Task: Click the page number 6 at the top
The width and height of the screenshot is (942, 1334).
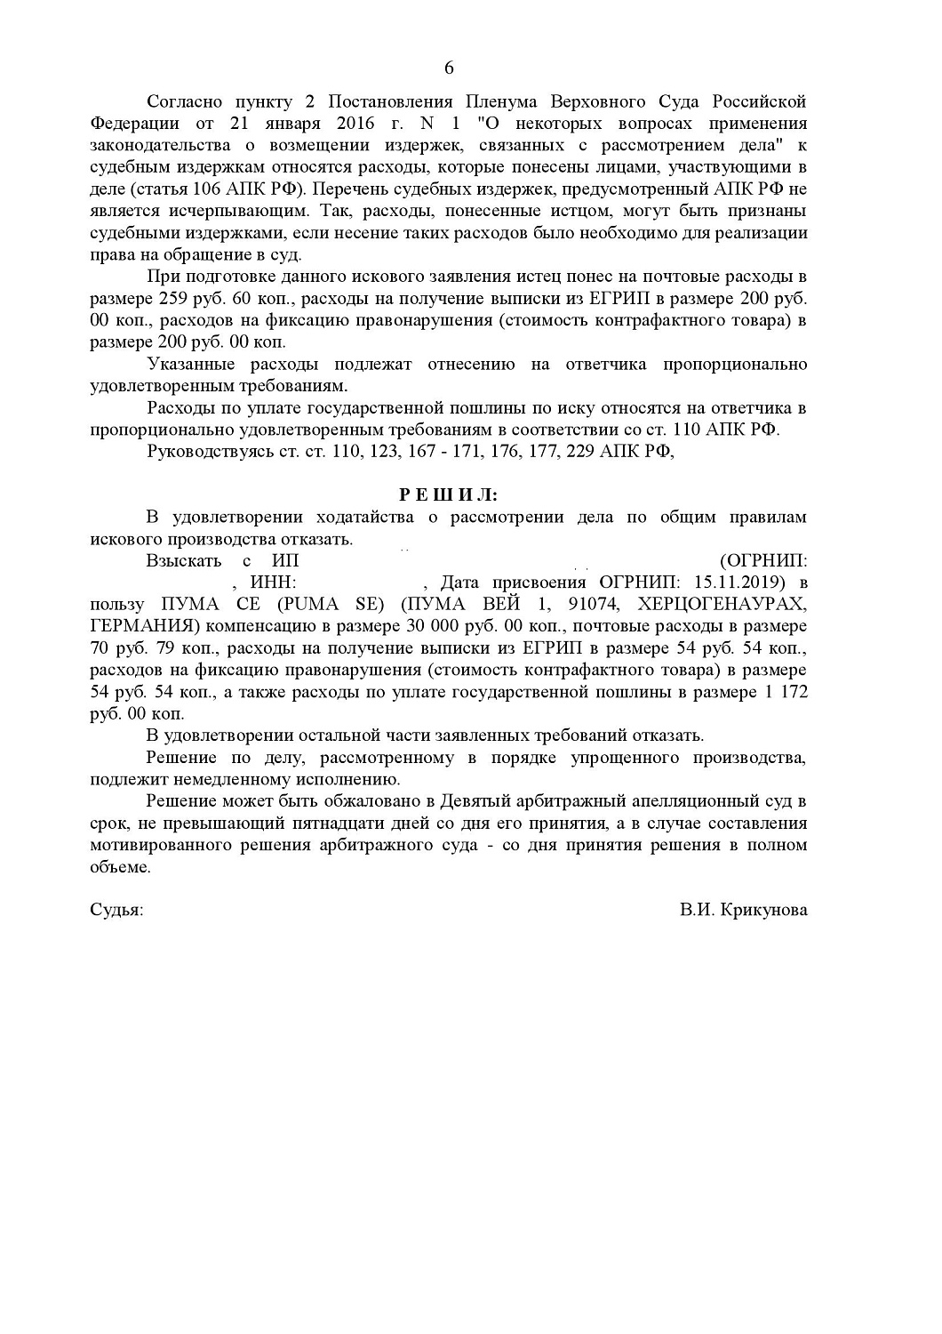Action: [x=448, y=68]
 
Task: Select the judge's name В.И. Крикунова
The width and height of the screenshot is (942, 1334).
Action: [x=744, y=911]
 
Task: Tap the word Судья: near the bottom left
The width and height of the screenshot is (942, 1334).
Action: [x=116, y=911]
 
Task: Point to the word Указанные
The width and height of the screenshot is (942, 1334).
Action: [x=190, y=364]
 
